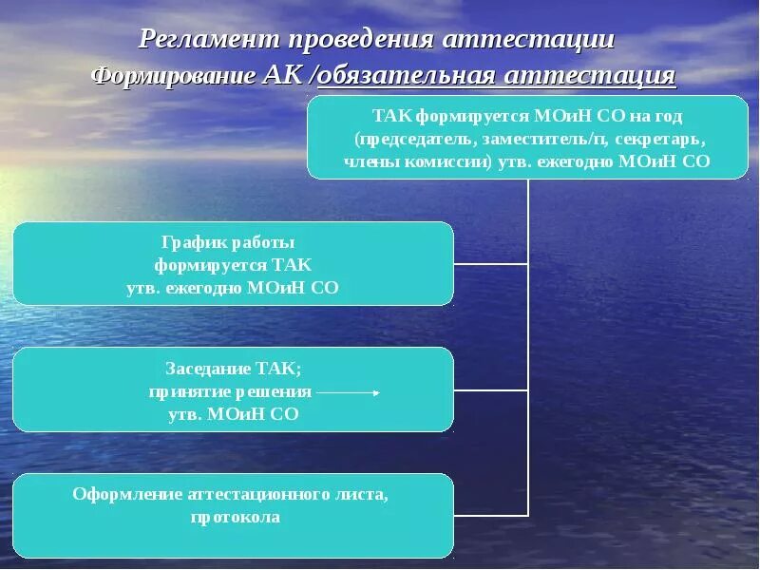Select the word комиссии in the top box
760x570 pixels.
(x=442, y=161)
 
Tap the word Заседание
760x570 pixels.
(x=206, y=368)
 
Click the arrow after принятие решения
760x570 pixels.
(x=348, y=391)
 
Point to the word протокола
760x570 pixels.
(x=234, y=518)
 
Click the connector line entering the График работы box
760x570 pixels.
(x=490, y=264)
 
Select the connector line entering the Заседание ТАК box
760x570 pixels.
(x=490, y=390)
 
